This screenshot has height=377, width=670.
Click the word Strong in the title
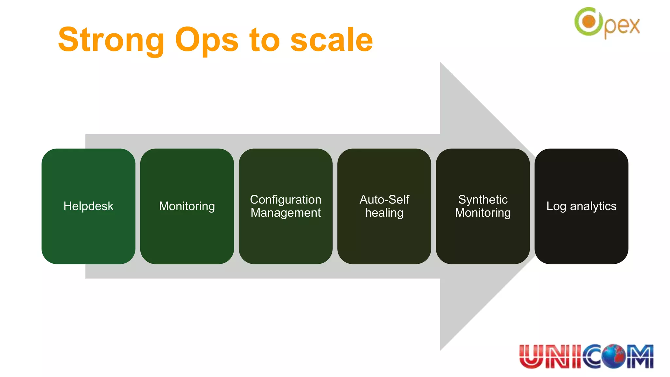point(111,40)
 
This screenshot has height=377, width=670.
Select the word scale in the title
point(331,40)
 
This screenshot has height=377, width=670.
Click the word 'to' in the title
point(264,40)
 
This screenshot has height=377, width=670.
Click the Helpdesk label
point(88,206)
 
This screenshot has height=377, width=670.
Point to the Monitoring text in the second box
point(187,206)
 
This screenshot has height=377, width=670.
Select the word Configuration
point(286,199)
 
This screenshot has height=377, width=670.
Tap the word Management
point(286,213)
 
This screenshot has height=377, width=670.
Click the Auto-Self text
point(384,199)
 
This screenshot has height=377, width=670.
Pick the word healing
point(384,213)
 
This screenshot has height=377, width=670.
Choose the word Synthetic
point(483,199)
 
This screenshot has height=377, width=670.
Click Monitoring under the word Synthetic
point(483,213)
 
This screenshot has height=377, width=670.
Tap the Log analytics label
point(581,206)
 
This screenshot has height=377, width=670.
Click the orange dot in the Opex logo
point(589,22)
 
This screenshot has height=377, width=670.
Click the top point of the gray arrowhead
point(441,63)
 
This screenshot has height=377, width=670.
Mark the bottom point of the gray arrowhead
point(441,350)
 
